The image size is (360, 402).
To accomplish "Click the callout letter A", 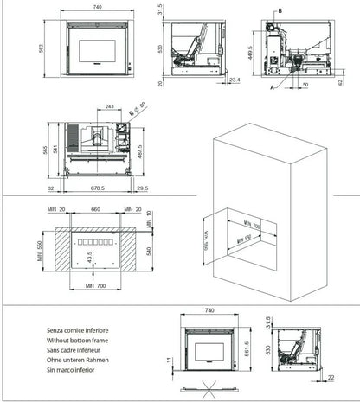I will point(272,87).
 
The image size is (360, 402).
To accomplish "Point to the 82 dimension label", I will point(340,79).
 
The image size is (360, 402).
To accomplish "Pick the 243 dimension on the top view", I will point(108,107).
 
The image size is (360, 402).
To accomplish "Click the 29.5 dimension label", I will point(142,187).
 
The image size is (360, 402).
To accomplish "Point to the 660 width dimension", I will point(95,209).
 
